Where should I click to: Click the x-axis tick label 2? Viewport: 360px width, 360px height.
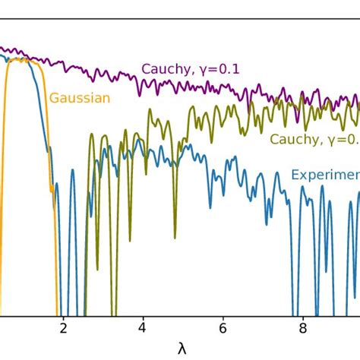coord(64,330)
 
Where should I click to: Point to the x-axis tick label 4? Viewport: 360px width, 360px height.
coord(143,330)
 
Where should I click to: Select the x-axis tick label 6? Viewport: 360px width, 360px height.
coord(223,330)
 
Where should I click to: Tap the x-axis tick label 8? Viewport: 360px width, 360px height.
coord(302,330)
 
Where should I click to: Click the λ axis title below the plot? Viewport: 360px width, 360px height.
coord(182,349)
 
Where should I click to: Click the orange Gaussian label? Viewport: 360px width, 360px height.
coord(80,97)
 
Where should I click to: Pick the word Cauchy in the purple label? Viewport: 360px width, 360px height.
coord(163,69)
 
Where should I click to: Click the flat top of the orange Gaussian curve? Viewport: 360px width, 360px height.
coord(19,59)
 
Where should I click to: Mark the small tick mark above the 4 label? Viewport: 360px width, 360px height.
coord(143,317)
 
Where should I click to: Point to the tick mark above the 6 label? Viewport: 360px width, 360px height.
coord(223,317)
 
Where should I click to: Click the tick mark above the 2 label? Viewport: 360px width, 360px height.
coord(64,317)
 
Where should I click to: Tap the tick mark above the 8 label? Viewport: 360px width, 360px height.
coord(302,317)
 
